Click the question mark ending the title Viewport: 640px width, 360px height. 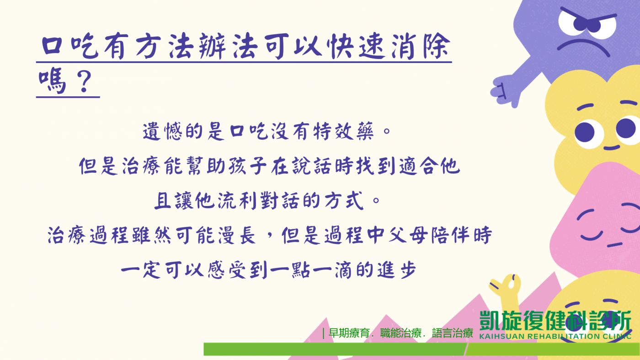pos(84,82)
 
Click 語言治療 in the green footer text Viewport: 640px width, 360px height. pos(453,333)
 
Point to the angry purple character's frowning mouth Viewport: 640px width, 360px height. pos(583,46)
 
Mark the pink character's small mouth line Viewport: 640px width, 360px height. pos(614,245)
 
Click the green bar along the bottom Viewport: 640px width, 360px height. pos(421,349)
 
